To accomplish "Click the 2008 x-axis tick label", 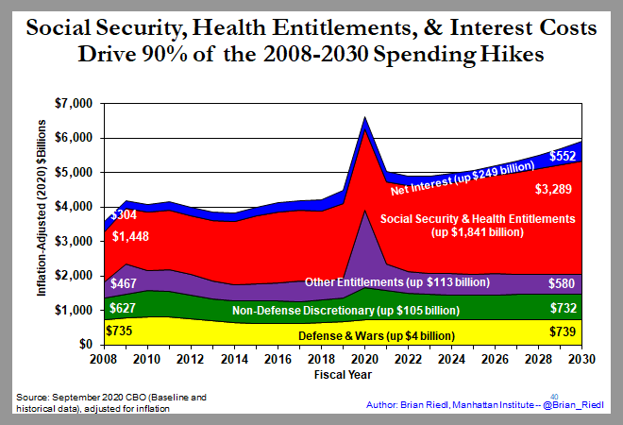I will click(105, 358).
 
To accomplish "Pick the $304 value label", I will click(126, 214).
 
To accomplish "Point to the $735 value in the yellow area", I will click(121, 331).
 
